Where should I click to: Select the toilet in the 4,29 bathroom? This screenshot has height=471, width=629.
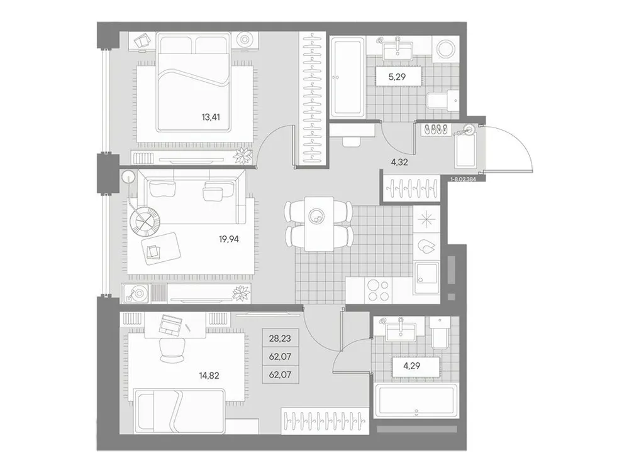440,335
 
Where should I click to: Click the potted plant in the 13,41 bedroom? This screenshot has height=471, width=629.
242,154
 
